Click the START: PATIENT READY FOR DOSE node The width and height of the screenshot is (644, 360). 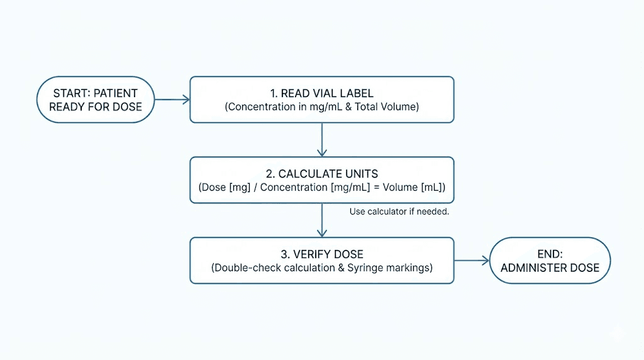(96, 99)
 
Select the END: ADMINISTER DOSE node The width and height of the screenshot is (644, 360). (550, 261)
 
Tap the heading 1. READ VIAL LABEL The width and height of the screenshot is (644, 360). (321, 93)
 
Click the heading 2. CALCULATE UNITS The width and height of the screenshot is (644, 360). (321, 174)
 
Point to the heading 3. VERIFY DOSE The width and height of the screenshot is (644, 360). (321, 254)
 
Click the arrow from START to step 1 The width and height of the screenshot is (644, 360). (172, 99)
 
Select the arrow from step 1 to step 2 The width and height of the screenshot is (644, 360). (322, 139)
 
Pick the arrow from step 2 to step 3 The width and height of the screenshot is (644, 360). (322, 220)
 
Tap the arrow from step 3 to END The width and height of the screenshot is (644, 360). (471, 261)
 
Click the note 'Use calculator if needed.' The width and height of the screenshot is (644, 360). (399, 211)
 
